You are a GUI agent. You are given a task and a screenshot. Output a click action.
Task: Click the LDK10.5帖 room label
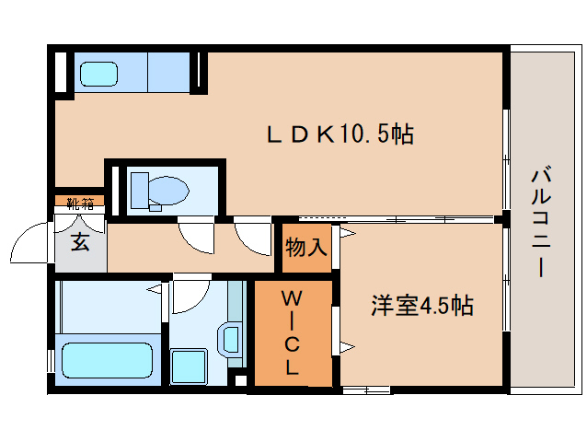pos(340,134)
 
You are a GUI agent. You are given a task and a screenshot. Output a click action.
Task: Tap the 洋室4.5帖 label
pos(422,306)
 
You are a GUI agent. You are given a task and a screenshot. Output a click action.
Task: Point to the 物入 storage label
pos(305,247)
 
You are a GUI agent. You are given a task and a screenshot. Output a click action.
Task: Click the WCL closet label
pos(292,332)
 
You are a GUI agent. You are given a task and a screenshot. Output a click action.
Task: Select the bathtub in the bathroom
pos(105,361)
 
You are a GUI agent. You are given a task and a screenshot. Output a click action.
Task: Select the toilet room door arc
pos(196,236)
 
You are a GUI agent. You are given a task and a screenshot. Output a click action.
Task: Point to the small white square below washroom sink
pos(240,378)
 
